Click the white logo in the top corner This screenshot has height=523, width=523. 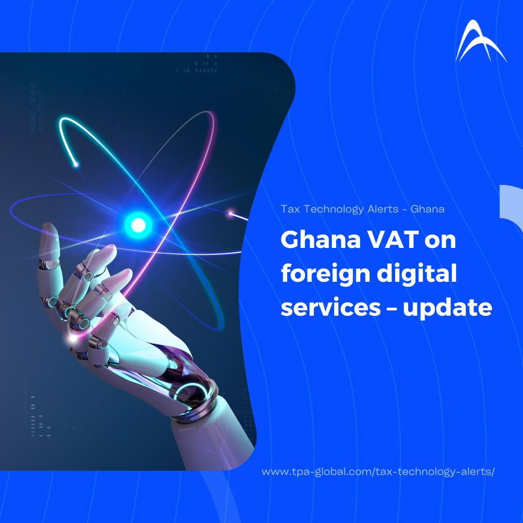click(x=480, y=42)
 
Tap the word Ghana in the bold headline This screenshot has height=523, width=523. click(x=321, y=240)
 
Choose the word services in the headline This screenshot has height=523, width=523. click(x=331, y=308)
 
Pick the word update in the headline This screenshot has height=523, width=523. click(x=447, y=308)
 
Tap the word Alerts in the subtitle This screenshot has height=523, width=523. click(x=383, y=209)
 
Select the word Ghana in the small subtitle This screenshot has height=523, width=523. click(x=428, y=209)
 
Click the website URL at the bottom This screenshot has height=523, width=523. click(x=378, y=472)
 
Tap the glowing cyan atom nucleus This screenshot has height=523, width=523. click(x=138, y=226)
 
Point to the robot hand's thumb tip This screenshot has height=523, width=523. click(x=48, y=229)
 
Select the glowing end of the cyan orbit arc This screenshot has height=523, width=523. click(x=76, y=165)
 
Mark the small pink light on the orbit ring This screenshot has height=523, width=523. click(x=231, y=213)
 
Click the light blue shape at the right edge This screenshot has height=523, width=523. click(x=511, y=207)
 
